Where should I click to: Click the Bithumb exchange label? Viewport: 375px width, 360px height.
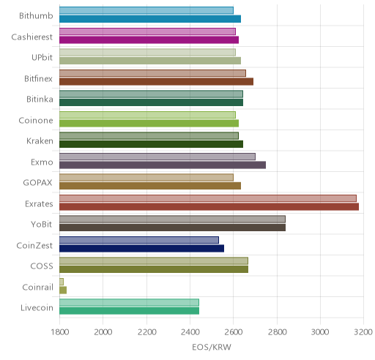tap(36, 16)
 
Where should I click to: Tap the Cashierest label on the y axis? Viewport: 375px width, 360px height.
tap(31, 37)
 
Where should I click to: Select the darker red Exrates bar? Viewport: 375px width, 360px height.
tap(209, 207)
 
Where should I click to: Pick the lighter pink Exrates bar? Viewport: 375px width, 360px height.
tap(208, 198)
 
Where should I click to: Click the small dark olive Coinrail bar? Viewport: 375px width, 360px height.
tap(63, 290)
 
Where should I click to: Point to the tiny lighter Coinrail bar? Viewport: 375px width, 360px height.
tap(62, 282)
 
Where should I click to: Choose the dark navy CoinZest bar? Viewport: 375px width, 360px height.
tap(141, 249)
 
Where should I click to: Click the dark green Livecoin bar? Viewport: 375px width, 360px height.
tap(129, 311)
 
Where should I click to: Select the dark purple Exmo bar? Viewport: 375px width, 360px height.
tap(163, 165)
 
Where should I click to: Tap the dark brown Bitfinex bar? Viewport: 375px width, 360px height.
tap(156, 82)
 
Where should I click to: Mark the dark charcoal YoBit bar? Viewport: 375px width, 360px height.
tap(172, 228)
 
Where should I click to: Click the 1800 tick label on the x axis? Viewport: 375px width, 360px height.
tap(60, 332)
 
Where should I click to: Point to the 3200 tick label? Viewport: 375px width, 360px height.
tap(363, 332)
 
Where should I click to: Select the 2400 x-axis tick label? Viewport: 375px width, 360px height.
tap(190, 332)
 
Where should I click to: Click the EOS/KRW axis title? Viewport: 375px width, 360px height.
tap(212, 347)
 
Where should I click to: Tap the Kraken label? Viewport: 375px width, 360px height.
tap(40, 141)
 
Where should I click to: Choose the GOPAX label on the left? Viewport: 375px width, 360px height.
tap(37, 183)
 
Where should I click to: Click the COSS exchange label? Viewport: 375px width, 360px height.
tap(42, 266)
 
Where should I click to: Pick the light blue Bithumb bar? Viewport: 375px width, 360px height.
tap(146, 10)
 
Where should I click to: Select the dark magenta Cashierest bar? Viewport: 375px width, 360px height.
tap(149, 40)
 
